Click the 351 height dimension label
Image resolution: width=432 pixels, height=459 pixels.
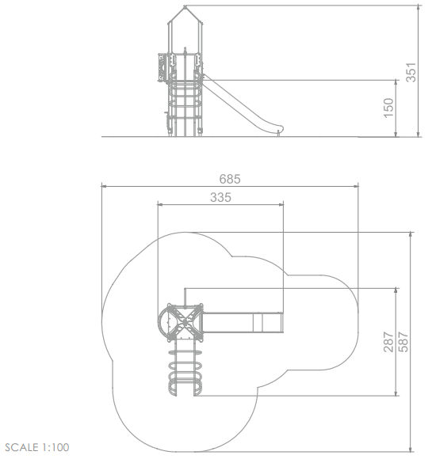click(411, 72)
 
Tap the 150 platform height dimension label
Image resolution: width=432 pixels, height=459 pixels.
click(388, 108)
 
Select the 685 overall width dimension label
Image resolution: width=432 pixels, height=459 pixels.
click(230, 179)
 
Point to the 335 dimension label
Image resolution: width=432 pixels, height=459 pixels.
click(220, 198)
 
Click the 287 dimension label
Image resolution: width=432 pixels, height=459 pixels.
click(388, 342)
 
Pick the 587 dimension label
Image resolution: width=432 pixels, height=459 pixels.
click(403, 342)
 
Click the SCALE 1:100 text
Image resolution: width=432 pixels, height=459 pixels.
click(37, 447)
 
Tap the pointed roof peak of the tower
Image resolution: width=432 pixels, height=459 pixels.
click(185, 6)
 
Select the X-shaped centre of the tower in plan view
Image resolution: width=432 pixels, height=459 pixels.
click(185, 323)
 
